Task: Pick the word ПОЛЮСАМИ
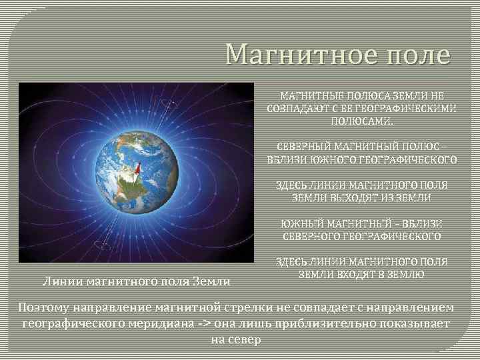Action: pos(362,121)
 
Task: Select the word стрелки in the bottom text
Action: pos(269,307)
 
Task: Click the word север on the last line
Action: pos(246,339)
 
